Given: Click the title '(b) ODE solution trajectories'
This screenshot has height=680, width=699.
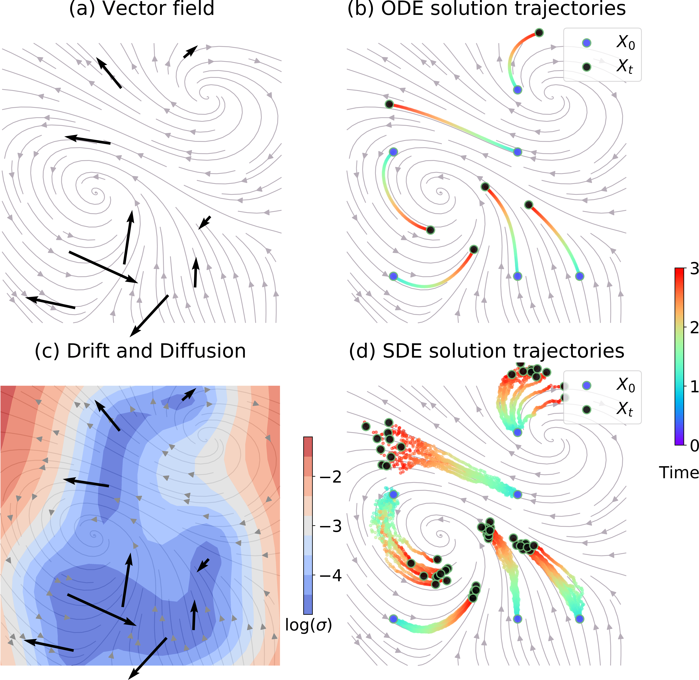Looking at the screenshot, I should coord(486,9).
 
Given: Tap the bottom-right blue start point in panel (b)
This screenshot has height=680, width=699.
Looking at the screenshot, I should coord(579,276).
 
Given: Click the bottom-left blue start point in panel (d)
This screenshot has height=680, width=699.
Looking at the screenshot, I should coord(393,619).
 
